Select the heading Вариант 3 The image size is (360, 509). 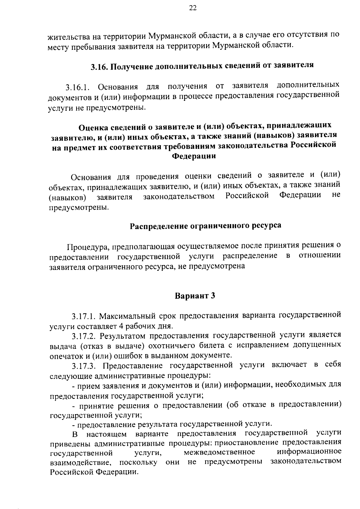coord(195,296)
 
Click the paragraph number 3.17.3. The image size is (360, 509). coord(85,366)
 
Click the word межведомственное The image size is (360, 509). coord(220,452)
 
